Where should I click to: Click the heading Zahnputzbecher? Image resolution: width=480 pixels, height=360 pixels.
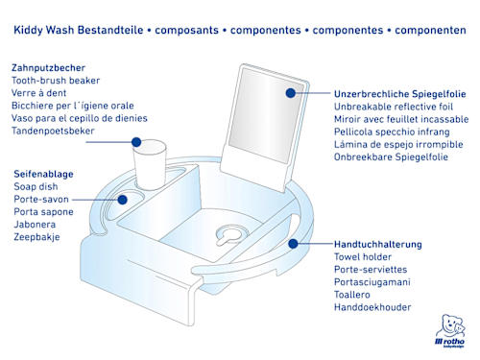(x=48, y=68)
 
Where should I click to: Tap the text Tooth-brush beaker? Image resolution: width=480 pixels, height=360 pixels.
(x=56, y=81)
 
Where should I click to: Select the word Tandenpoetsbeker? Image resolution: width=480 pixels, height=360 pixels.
(x=53, y=131)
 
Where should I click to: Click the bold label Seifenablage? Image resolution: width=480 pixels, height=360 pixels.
(x=43, y=174)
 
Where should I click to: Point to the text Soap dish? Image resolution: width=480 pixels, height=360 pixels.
(x=36, y=186)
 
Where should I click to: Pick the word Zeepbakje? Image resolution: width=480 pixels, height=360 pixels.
(x=36, y=237)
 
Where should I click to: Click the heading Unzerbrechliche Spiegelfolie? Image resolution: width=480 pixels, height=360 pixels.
(x=400, y=94)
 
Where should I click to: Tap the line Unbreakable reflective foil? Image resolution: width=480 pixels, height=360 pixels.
(x=394, y=107)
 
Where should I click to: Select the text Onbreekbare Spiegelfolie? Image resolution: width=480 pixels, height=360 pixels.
(x=391, y=157)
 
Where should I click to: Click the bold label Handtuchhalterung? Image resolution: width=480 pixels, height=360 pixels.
(x=378, y=245)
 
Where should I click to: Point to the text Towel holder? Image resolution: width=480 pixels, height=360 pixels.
(x=363, y=257)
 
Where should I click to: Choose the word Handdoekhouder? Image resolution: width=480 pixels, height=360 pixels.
(x=372, y=307)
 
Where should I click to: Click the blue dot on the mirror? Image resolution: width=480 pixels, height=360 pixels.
(x=291, y=93)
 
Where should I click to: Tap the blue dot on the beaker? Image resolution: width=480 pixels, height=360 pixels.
(x=136, y=142)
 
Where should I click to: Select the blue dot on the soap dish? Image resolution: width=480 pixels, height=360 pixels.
(x=122, y=200)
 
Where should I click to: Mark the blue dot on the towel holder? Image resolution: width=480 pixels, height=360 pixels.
(x=293, y=244)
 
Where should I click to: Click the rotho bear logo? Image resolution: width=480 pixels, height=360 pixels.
(x=450, y=330)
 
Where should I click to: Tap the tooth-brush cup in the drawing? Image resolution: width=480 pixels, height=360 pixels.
(x=150, y=164)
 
